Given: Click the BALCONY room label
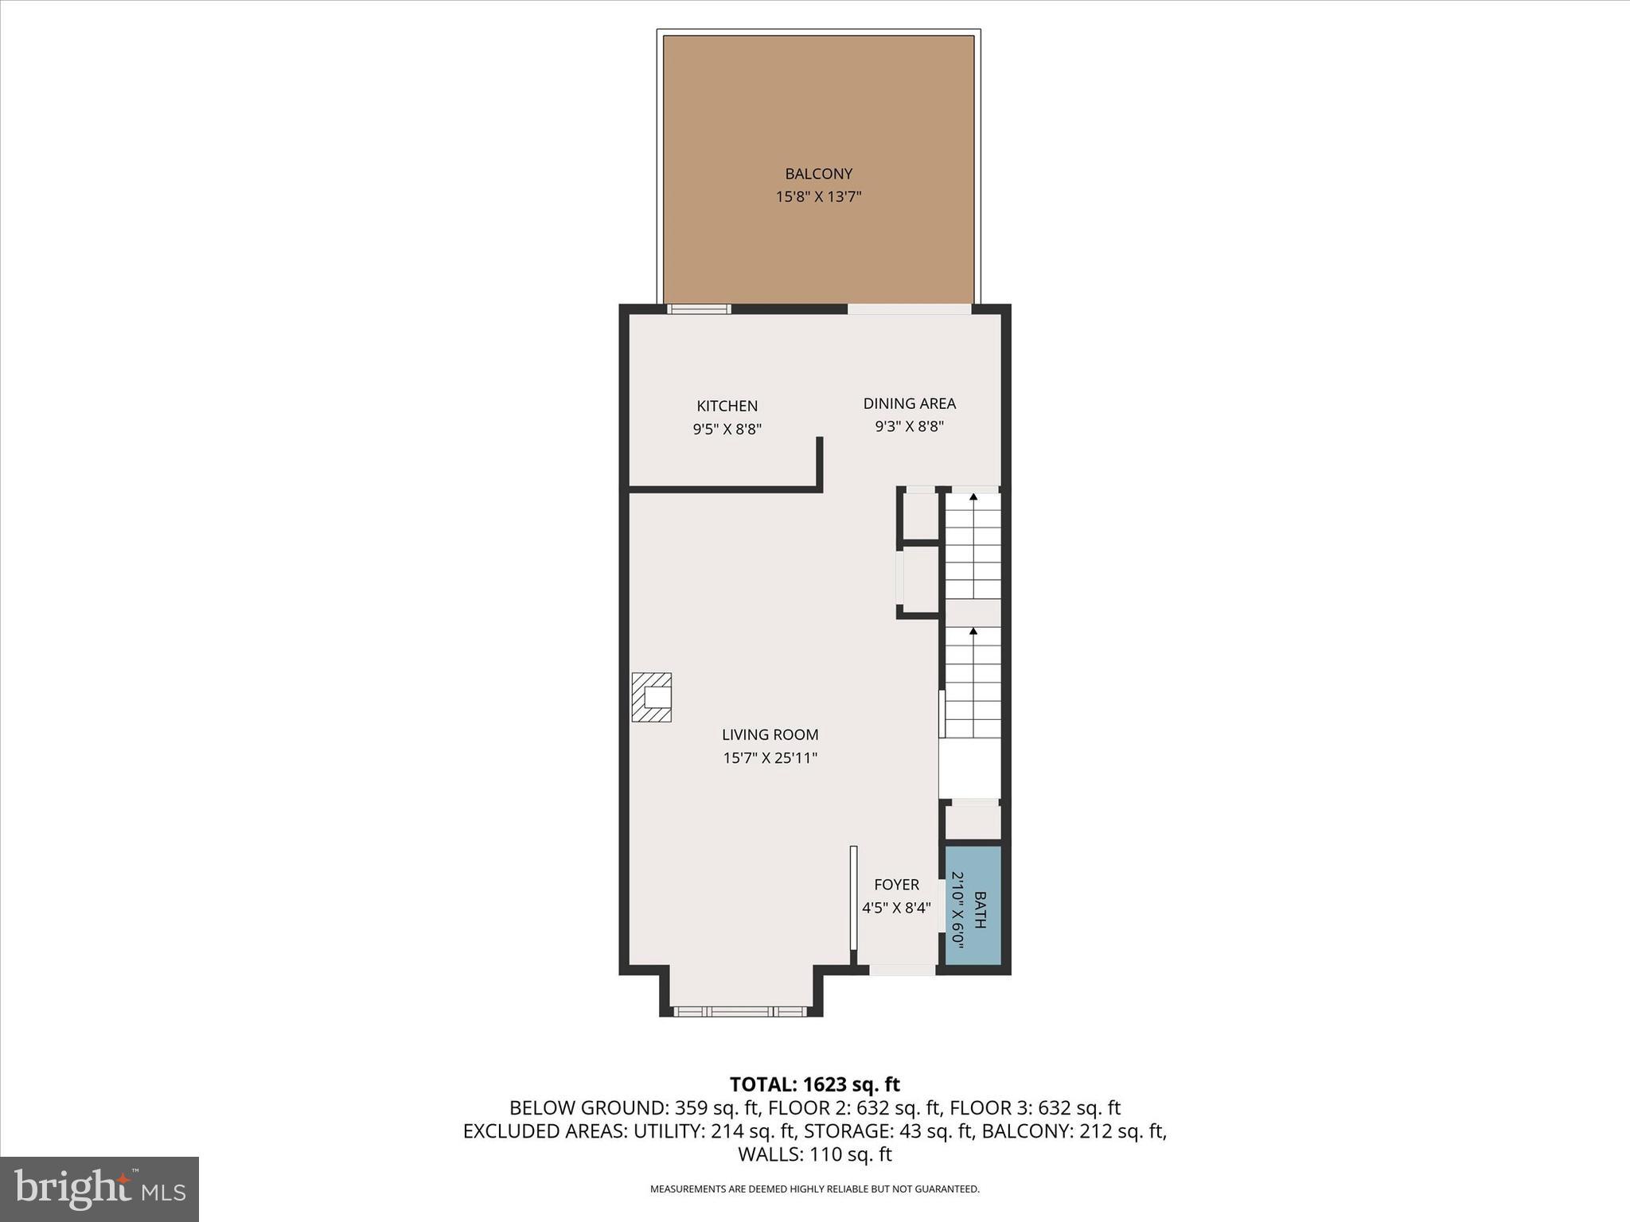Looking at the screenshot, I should point(818,173).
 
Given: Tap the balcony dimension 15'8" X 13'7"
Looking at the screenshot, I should point(818,197).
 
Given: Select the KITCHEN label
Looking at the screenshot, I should point(727,406).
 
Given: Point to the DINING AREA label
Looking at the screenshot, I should point(909,403).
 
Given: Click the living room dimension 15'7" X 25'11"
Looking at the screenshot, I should point(770,758).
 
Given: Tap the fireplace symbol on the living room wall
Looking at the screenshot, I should point(652,698).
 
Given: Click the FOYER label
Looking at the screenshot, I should point(896,885).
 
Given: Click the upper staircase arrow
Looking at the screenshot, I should point(973,497).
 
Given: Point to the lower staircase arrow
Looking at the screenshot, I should point(973,632).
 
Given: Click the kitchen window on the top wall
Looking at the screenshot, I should point(699,309).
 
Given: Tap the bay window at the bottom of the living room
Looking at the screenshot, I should point(740,1011).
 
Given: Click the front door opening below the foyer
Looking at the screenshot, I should point(902,970).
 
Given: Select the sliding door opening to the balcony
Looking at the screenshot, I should point(909,309).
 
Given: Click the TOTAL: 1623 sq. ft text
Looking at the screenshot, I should point(814,1084).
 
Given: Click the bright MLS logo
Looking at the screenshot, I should point(99,1189).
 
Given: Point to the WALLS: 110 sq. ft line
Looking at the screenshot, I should point(814,1154).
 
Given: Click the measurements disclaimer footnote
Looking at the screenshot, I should point(814,1189).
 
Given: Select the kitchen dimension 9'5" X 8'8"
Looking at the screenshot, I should point(727,430).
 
